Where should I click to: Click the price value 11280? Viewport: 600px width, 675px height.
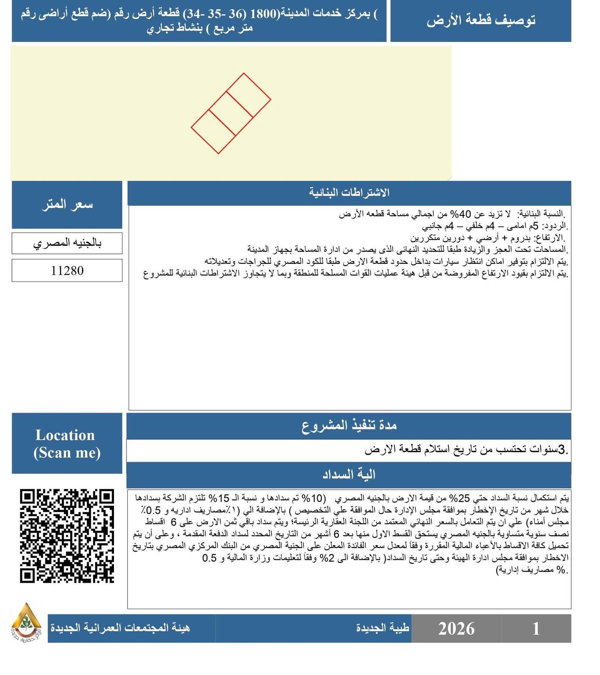67,270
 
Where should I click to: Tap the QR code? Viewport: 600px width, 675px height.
67,536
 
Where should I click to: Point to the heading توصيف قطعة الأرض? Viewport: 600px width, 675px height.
480,21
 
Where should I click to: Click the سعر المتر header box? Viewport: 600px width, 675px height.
67,205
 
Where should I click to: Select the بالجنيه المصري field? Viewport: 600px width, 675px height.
67,243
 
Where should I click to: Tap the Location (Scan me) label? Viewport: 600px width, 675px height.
67,444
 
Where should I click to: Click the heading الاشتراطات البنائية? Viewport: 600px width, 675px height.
349,193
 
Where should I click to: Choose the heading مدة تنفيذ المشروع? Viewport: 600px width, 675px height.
349,426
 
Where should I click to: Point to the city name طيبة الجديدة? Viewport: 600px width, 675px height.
382,628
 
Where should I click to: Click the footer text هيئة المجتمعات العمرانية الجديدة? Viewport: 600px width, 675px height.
120,628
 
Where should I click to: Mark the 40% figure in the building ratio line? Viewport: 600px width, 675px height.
460,214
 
